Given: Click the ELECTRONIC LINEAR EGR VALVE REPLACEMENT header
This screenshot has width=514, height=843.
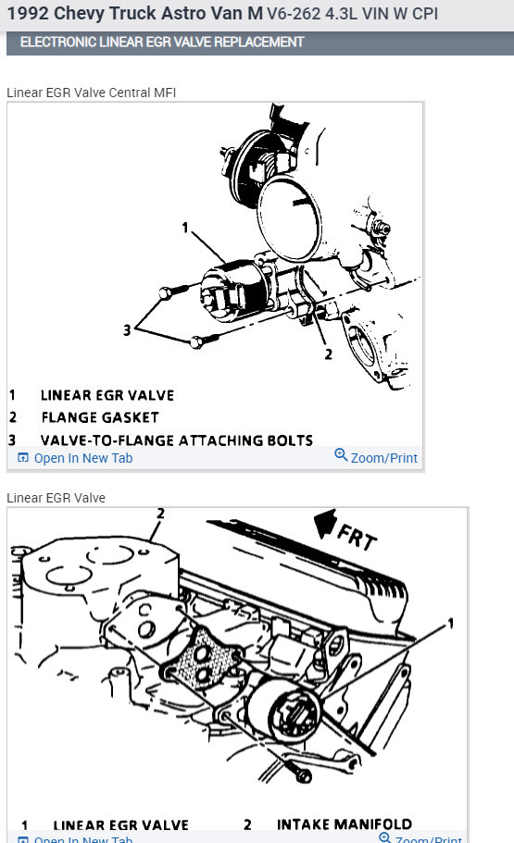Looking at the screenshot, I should click(x=161, y=43).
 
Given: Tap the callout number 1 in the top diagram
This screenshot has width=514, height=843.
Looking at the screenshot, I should click(x=185, y=227).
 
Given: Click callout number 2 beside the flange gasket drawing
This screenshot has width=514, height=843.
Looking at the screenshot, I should click(x=328, y=353).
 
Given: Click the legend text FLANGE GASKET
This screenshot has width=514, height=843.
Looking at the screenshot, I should click(x=99, y=417).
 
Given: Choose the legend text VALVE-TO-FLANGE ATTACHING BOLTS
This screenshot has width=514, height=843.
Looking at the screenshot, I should click(x=176, y=440).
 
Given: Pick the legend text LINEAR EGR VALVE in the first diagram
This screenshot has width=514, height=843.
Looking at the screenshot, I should click(x=107, y=394).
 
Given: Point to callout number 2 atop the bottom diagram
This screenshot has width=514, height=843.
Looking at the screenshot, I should click(x=160, y=513).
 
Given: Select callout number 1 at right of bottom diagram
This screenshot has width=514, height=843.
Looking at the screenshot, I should click(x=451, y=623).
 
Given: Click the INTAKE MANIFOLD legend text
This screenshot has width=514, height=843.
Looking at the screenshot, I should click(x=345, y=824).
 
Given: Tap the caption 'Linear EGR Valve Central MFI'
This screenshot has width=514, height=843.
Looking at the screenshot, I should click(x=91, y=93).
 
